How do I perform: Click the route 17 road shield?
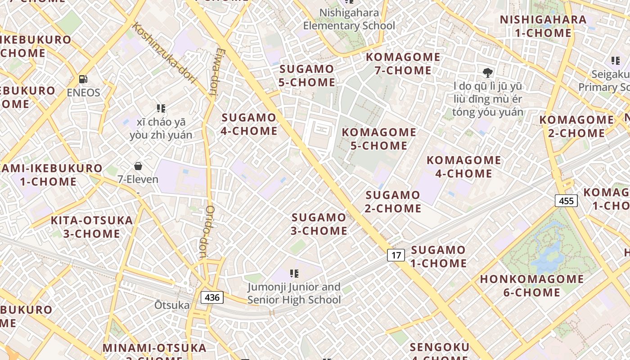(x=396, y=256)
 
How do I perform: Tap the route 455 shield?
(x=566, y=201)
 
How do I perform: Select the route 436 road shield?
(x=212, y=297)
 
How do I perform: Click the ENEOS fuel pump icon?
(x=83, y=79)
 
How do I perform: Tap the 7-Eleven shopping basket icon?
(x=138, y=166)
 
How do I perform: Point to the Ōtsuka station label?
(x=172, y=305)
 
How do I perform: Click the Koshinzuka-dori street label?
(x=165, y=54)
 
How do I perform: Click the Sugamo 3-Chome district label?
(x=319, y=224)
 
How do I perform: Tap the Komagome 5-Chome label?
(x=379, y=139)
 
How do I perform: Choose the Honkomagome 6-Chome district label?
(x=531, y=286)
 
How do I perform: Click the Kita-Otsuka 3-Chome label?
(x=92, y=227)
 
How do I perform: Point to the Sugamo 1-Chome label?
(x=438, y=256)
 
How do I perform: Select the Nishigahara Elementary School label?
(x=349, y=19)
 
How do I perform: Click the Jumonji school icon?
(x=294, y=273)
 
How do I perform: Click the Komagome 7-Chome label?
(x=403, y=64)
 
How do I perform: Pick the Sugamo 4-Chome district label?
(x=249, y=124)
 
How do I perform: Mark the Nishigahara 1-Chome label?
(x=543, y=26)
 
